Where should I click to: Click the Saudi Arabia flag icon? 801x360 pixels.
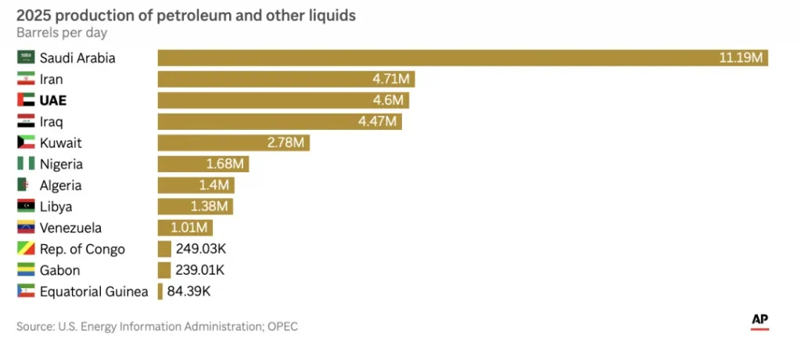pos(26,57)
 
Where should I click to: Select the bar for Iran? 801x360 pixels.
pos(286,79)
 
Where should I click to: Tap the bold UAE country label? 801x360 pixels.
pos(52,100)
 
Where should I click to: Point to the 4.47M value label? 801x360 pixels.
pos(378,121)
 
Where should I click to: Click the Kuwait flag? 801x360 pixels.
pos(26,142)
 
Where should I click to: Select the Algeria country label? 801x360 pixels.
pos(60,185)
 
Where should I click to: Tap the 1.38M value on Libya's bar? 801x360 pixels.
pos(209,207)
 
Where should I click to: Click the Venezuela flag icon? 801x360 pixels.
pos(26,228)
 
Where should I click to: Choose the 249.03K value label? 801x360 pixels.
pos(201,249)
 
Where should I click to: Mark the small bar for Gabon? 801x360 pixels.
pos(164,270)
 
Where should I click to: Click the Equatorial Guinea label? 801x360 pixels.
pos(94,291)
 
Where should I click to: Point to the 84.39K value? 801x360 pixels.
pos(189,291)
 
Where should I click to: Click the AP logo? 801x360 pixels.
pos(759,320)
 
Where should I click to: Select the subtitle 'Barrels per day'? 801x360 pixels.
pos(62,33)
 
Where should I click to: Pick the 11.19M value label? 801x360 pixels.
pos(742,58)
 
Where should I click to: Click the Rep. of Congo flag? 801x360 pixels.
pos(26,249)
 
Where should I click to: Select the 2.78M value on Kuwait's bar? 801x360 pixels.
pos(286,142)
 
